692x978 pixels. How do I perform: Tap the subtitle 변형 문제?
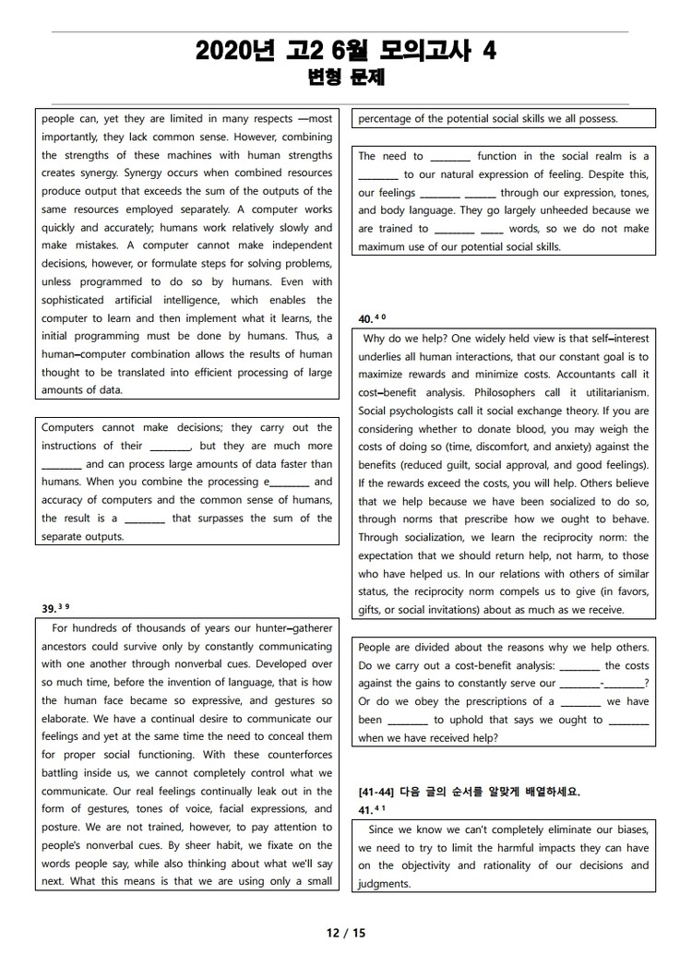point(346,78)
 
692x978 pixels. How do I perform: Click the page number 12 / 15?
point(346,933)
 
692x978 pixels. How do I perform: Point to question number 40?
point(365,319)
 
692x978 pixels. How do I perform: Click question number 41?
point(365,810)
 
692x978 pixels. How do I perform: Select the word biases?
point(628,829)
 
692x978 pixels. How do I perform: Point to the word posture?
point(63,827)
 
